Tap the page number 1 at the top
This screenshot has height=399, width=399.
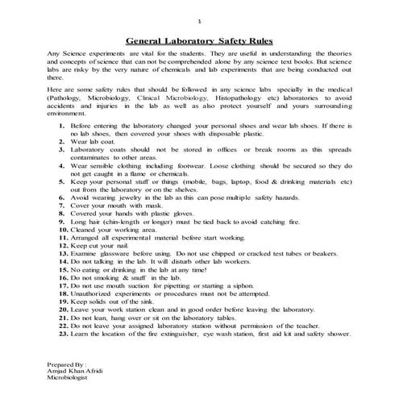click(x=200, y=18)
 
